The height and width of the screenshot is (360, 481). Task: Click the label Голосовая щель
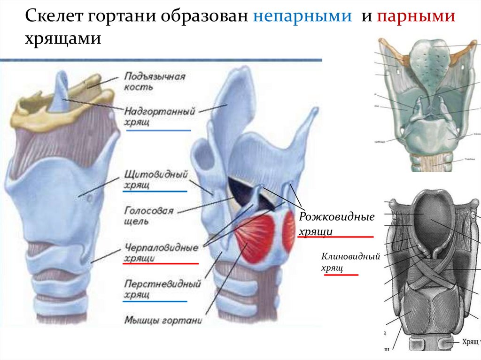[x=149, y=214]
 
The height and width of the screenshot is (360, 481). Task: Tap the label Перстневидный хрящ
[x=162, y=289]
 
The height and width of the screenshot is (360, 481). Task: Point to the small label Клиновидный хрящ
[x=350, y=262]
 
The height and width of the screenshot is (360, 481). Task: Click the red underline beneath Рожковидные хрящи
[x=335, y=237]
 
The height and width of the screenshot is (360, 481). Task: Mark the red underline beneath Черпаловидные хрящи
[x=160, y=264]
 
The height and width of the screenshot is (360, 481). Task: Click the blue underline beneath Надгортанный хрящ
[x=159, y=130]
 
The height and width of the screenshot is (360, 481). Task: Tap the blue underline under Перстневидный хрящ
[x=155, y=301]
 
